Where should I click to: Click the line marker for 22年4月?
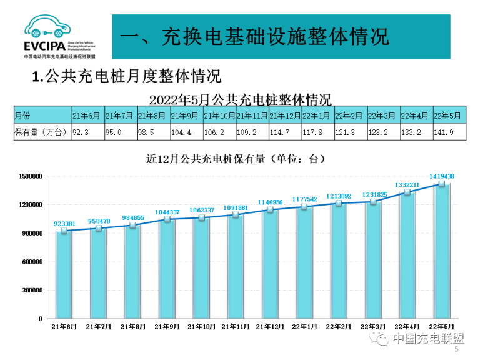pos(407,192)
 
